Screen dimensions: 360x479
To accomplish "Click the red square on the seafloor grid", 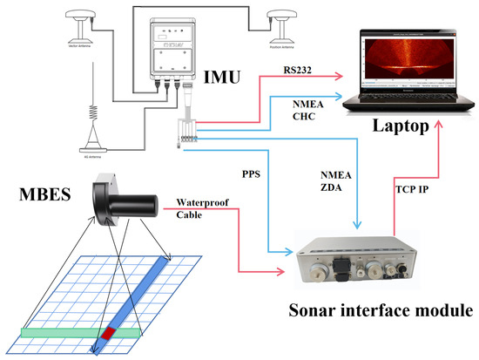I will tap(111, 332).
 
